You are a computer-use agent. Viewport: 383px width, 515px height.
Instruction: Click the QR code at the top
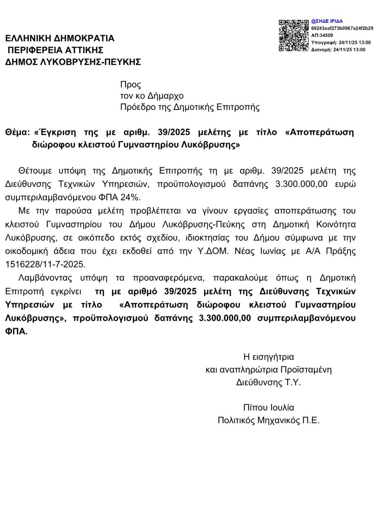(x=294, y=35)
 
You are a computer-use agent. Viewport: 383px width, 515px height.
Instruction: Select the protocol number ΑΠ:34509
(x=322, y=35)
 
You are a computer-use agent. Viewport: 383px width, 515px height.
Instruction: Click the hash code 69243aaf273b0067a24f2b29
(x=342, y=28)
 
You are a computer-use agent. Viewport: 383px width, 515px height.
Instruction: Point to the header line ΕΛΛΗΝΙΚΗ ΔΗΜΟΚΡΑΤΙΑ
(x=60, y=38)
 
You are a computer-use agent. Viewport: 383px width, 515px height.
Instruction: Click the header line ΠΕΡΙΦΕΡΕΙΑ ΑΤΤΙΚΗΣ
(x=56, y=50)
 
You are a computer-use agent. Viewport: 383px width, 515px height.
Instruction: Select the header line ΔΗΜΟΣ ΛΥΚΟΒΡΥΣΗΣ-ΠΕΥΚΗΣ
(x=73, y=61)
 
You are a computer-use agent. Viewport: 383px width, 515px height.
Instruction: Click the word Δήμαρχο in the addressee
(x=165, y=96)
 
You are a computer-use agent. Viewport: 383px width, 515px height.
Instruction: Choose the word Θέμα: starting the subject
(x=18, y=133)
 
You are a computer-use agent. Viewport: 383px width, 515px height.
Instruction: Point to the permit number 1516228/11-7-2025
(x=45, y=264)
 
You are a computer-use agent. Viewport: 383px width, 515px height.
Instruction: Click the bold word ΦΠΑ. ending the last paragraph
(x=16, y=332)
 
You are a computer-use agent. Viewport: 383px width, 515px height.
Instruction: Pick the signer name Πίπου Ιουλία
(x=269, y=407)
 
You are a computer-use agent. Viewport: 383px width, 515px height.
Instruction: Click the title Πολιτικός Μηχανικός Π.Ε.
(x=269, y=420)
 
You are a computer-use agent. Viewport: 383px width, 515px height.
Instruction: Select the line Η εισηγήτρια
(x=269, y=357)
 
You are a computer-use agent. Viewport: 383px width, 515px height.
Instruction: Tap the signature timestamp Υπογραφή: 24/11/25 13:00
(x=341, y=42)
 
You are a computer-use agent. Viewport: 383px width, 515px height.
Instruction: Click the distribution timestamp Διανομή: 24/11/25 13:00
(x=338, y=50)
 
